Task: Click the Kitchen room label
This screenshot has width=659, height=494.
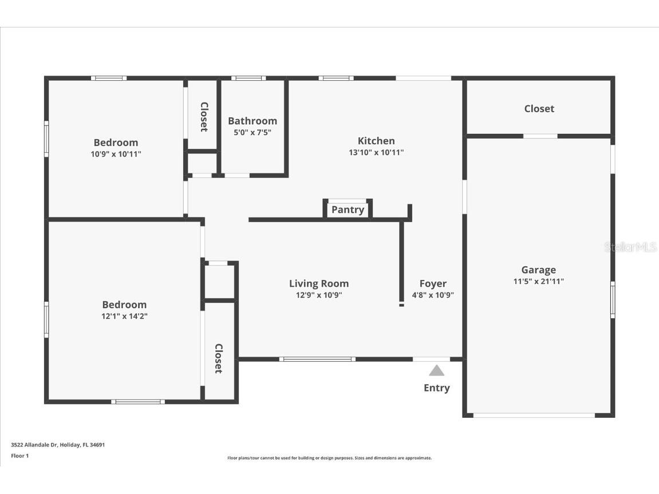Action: pos(376,141)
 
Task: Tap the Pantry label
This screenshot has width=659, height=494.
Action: pos(348,210)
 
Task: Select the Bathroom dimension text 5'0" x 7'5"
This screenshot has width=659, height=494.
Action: pos(252,132)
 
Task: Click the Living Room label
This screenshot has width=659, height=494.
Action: pos(319,283)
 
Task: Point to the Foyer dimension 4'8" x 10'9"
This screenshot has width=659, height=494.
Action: pos(433,295)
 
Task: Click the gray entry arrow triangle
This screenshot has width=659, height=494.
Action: pos(436,371)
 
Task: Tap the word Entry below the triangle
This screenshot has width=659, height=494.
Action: pos(436,388)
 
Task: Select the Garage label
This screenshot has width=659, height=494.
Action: pos(538,270)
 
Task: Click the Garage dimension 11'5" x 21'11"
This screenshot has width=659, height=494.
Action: pos(538,281)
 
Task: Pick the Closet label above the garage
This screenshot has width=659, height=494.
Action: pos(539,108)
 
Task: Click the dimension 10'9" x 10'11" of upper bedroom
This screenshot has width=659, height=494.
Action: pos(116,154)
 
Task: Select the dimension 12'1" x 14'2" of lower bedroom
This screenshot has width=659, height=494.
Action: pos(124,316)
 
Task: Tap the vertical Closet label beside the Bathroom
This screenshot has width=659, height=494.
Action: pos(203,117)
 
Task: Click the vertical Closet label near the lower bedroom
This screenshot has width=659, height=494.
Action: pos(218,358)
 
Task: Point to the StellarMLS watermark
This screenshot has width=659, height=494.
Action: pos(630,247)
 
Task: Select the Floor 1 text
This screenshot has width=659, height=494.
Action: pos(19,456)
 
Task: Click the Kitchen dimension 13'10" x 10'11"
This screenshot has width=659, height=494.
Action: pos(376,152)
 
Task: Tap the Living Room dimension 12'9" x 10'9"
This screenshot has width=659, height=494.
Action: pos(319,295)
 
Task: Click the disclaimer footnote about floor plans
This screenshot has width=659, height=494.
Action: pos(329,458)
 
